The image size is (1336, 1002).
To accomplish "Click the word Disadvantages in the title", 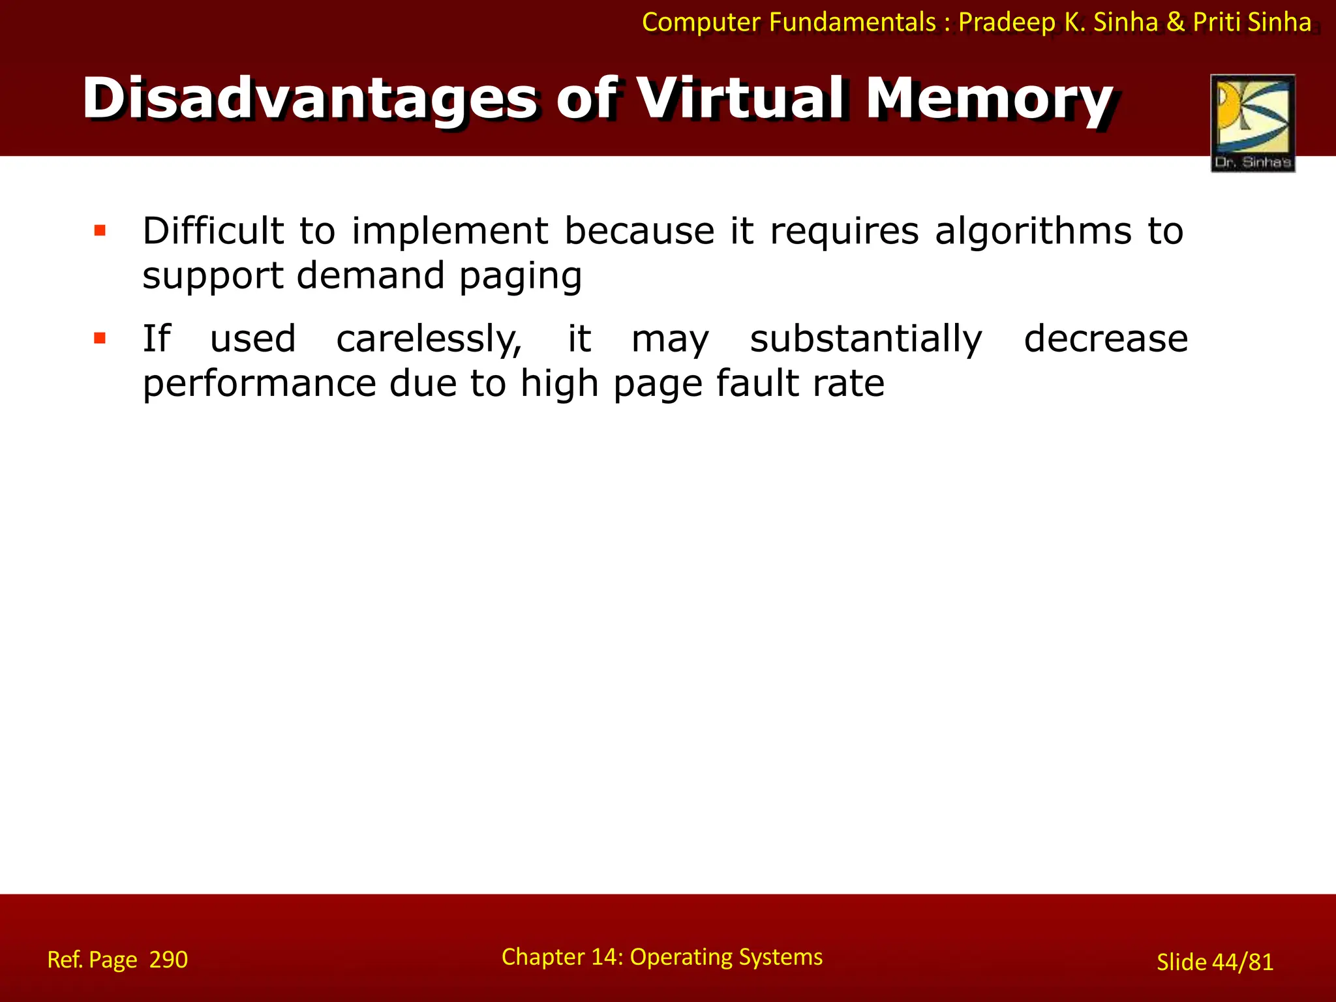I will tap(310, 99).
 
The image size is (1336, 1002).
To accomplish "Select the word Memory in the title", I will tap(989, 99).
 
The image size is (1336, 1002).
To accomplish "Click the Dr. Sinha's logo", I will tap(1252, 123).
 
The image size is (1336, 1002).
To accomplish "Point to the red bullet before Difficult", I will tap(100, 230).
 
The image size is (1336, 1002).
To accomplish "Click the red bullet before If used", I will tap(100, 338).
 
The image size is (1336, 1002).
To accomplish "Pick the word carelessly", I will tap(429, 339).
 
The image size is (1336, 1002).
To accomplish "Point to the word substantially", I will tap(866, 339).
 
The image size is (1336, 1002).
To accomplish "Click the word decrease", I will tap(1106, 339).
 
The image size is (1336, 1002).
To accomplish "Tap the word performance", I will tap(259, 384).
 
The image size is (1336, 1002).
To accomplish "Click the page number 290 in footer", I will tap(168, 960).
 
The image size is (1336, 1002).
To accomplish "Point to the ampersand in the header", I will tap(1176, 22).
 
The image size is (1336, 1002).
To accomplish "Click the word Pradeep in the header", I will tap(1007, 22).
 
